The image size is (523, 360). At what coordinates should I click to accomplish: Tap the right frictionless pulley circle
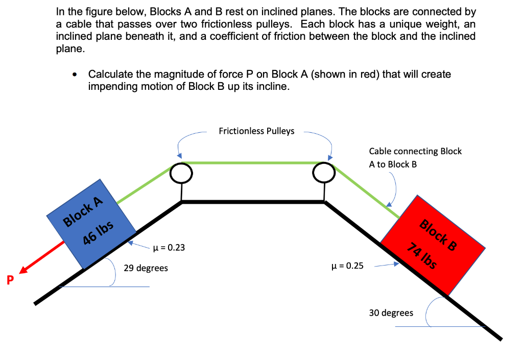tap(324, 174)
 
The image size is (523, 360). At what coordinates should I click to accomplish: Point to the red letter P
tap(9, 280)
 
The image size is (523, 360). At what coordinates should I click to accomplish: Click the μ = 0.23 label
tap(169, 248)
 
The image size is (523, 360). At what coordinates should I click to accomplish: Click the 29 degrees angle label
tap(146, 268)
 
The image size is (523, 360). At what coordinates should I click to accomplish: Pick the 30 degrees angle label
tap(391, 313)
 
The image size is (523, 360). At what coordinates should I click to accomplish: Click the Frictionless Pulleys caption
tap(256, 131)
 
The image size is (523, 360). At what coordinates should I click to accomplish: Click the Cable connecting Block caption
tap(415, 152)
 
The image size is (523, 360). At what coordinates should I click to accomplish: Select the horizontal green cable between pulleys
tap(252, 163)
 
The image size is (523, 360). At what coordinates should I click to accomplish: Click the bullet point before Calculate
tap(75, 75)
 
